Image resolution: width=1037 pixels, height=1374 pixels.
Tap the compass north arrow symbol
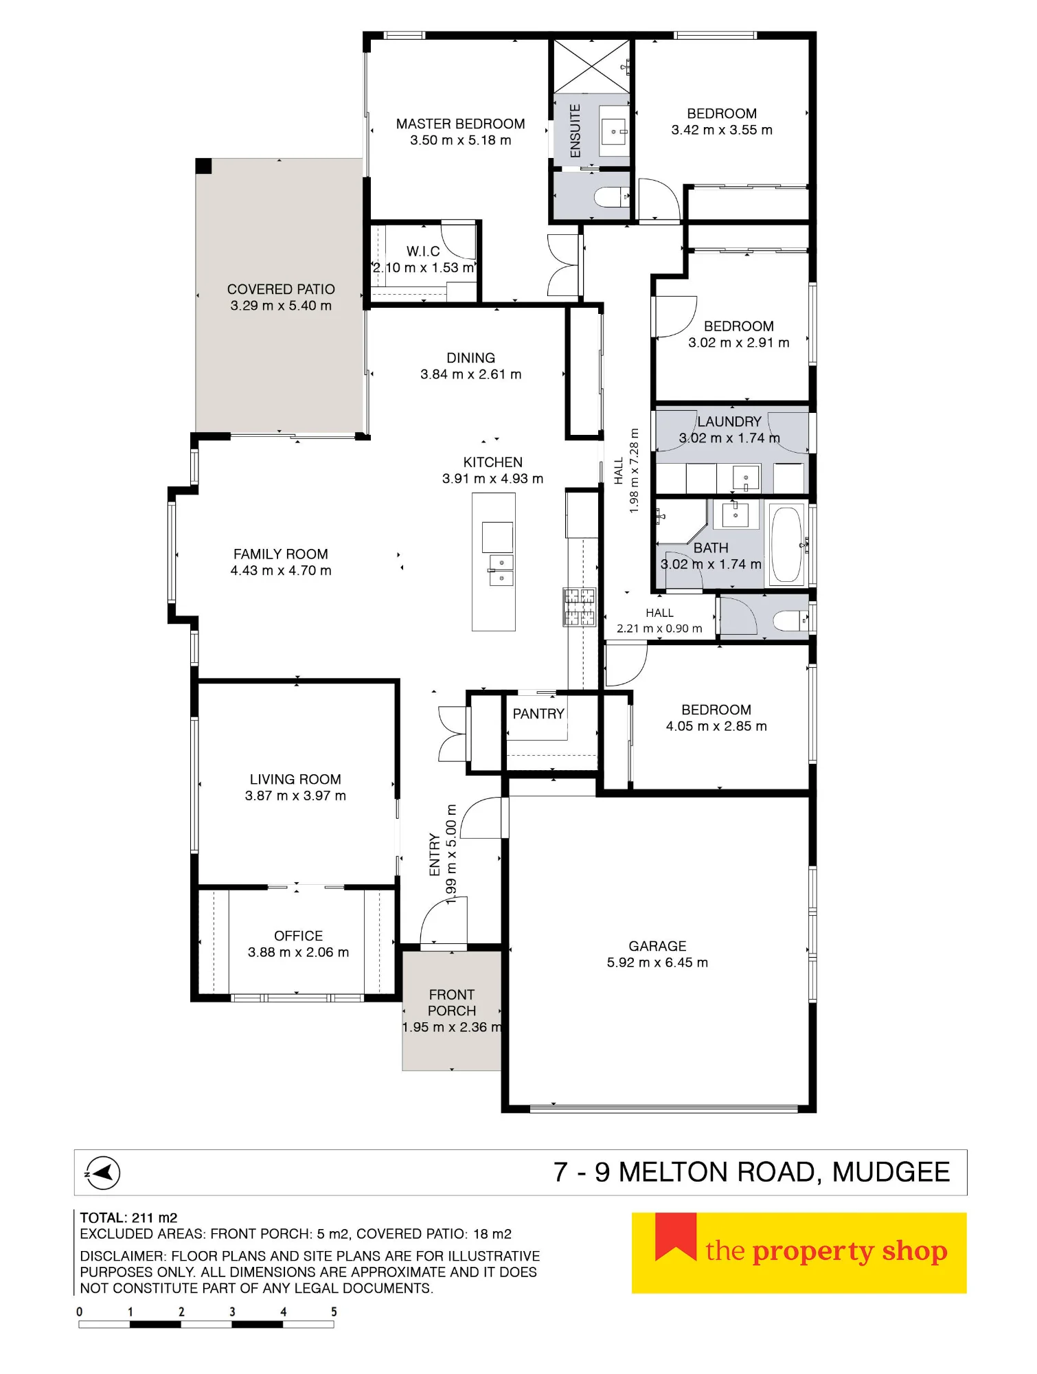[x=102, y=1173]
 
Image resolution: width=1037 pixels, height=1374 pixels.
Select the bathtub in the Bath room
[x=786, y=544]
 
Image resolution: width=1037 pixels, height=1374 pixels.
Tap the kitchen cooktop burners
[x=579, y=607]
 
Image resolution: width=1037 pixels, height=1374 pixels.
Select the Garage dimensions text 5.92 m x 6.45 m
[x=657, y=962]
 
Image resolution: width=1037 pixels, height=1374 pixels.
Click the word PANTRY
[x=538, y=714]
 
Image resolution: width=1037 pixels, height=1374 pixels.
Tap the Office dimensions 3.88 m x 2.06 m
[x=298, y=952]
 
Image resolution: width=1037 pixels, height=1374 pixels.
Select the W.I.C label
[x=423, y=251]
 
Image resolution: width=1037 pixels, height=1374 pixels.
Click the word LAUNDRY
[x=729, y=422]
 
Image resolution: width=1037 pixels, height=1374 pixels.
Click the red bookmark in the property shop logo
[x=676, y=1237]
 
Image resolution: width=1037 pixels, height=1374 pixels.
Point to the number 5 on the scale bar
[x=334, y=1311]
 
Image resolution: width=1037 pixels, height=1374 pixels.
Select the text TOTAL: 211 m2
[x=128, y=1218]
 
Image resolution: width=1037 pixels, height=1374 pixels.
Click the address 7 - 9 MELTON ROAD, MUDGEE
[x=752, y=1172]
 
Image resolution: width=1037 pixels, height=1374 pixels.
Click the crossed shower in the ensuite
[x=592, y=66]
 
